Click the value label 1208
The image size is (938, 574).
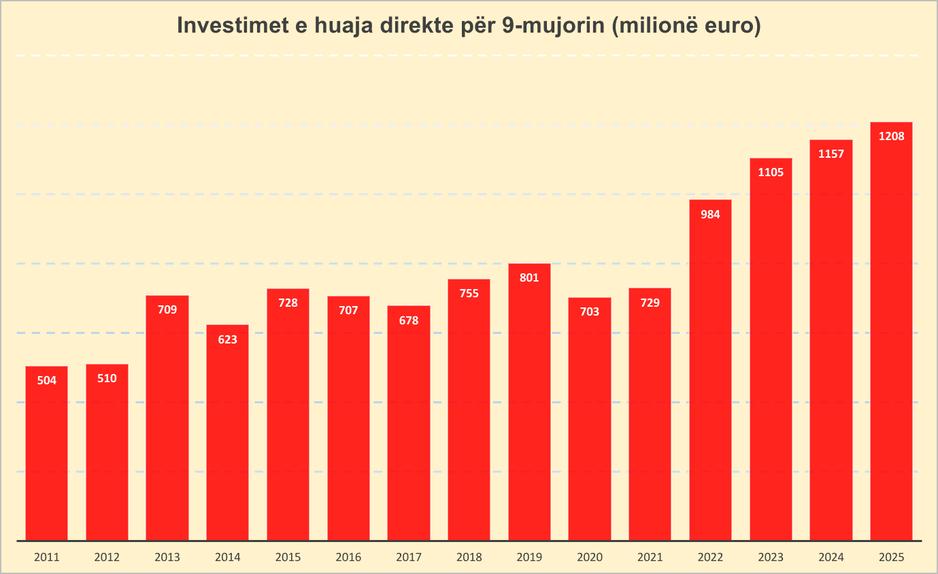891,137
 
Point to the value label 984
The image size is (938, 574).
710,214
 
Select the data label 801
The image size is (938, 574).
529,277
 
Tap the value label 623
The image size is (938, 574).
227,339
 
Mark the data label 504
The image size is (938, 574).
46,381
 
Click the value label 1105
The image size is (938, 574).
771,172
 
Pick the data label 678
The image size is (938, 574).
409,320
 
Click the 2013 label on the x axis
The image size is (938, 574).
167,558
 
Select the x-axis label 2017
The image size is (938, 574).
409,558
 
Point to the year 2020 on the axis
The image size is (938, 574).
590,558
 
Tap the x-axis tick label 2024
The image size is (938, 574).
831,558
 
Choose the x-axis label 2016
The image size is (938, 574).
348,558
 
